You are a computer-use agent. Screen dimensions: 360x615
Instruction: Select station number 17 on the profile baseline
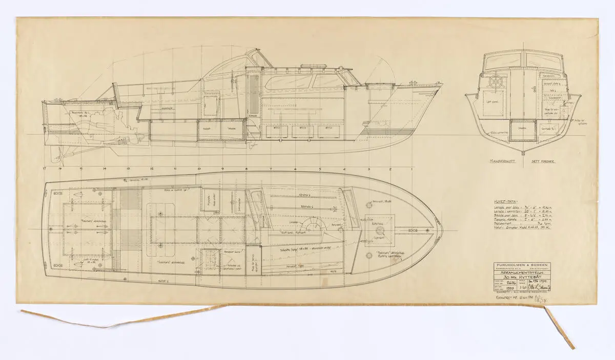coord(46,168)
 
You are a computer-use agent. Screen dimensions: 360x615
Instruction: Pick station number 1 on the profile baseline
coord(412,168)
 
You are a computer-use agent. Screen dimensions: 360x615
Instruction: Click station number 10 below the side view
coord(199,168)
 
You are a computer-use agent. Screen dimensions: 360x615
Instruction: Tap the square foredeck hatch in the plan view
coord(380,225)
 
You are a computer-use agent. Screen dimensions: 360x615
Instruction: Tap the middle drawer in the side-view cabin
coord(303,132)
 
